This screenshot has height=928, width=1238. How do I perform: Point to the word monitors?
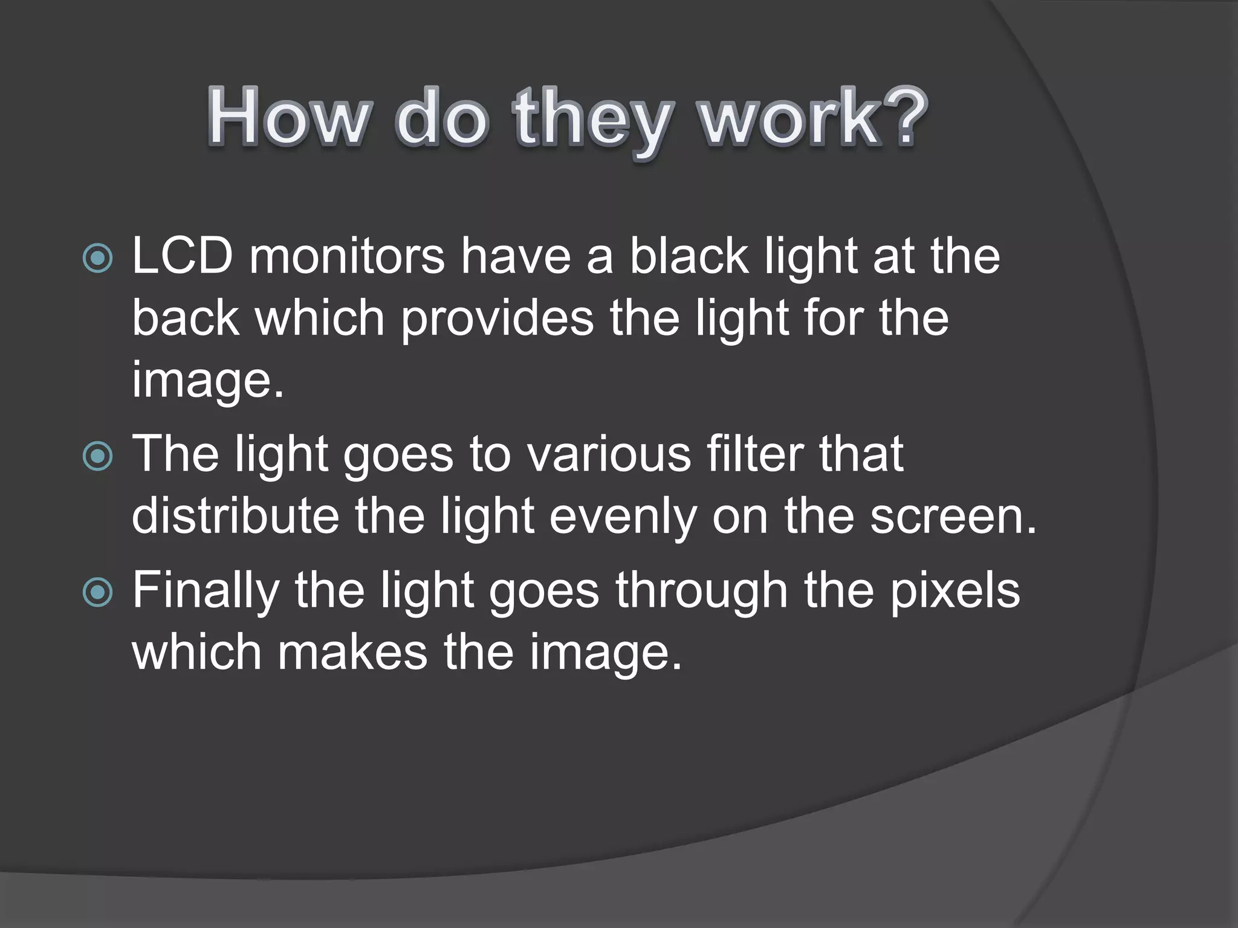tap(347, 256)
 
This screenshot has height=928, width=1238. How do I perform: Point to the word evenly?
tap(623, 518)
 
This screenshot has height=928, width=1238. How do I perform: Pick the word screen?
tap(953, 518)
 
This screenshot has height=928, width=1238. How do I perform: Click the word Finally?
tap(206, 592)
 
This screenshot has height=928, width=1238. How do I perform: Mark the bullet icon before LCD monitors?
tap(97, 259)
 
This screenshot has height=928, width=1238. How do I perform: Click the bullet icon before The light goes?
tap(97, 457)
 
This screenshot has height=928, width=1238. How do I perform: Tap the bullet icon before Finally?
tap(97, 593)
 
